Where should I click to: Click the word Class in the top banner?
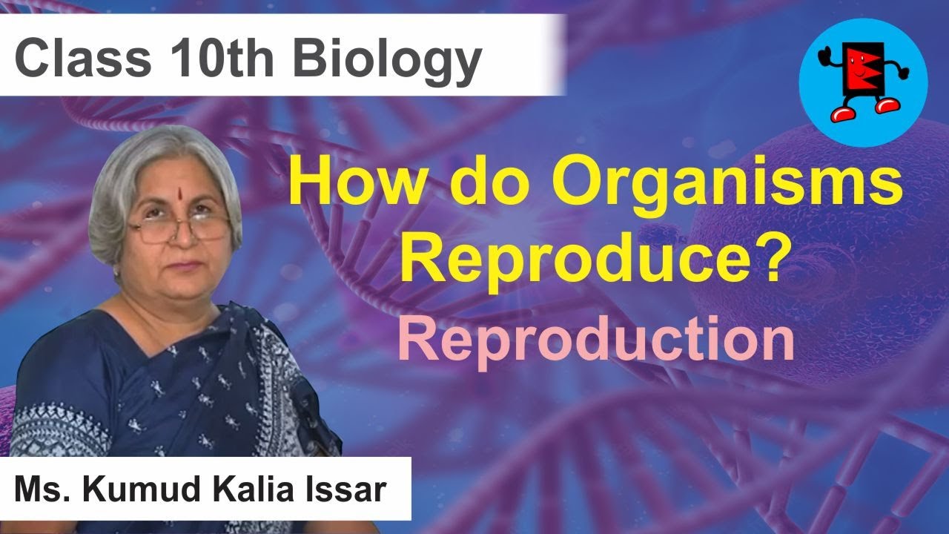pos(76,59)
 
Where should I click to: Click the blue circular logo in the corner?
pos(863,82)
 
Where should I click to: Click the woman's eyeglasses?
pos(179,228)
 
